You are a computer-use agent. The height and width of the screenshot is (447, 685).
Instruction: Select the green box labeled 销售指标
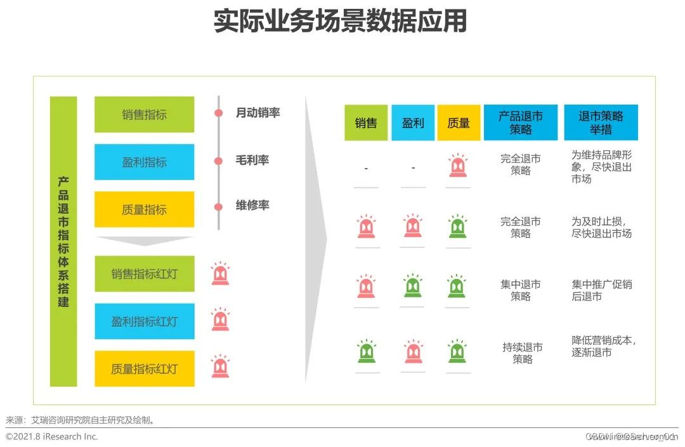coord(144,115)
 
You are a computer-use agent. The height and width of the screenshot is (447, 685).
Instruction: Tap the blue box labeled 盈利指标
coord(144,162)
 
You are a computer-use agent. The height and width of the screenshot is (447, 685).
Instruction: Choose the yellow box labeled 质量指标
coord(144,210)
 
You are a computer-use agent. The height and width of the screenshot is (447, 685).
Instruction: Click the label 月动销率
coord(258,113)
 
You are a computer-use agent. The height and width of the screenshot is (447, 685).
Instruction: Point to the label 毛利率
coord(252,160)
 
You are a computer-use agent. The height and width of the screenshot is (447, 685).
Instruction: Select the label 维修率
coord(252,205)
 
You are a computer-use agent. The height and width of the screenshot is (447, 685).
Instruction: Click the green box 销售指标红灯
coord(144,274)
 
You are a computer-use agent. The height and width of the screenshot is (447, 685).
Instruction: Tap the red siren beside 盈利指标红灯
coord(220,320)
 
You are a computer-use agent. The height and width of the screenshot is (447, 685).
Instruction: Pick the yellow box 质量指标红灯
coord(144,369)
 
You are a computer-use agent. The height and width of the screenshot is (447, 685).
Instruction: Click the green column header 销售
coord(366,123)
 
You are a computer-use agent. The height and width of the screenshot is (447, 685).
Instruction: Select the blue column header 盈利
coord(413,123)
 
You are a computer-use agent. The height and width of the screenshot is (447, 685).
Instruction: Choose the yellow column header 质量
coord(459,123)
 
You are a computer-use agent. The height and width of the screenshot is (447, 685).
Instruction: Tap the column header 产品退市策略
coord(521,123)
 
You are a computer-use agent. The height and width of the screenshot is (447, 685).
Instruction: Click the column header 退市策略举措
coord(601,123)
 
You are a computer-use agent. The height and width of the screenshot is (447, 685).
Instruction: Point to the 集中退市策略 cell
coord(521,290)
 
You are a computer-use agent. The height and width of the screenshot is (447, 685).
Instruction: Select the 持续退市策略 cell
coord(522,353)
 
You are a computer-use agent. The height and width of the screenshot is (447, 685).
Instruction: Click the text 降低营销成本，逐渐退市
coord(603,346)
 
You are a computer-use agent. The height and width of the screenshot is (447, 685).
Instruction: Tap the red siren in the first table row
coord(458,166)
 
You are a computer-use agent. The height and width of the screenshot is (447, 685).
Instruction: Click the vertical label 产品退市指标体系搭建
coord(63,242)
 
